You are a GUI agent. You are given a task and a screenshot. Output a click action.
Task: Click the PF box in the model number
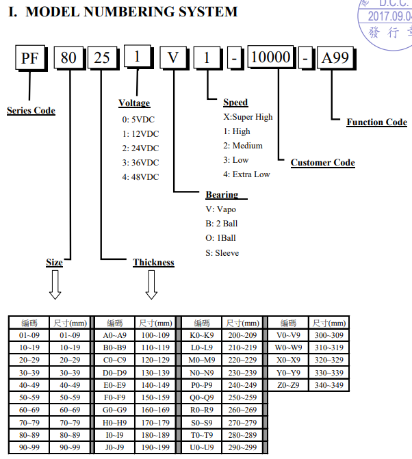(x=31, y=58)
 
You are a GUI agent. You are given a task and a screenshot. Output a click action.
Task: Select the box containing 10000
(x=272, y=57)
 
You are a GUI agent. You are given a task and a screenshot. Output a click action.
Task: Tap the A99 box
(x=336, y=58)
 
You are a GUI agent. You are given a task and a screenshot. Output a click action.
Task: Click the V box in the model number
(x=174, y=58)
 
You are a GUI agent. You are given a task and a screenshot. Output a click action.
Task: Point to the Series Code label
(x=31, y=111)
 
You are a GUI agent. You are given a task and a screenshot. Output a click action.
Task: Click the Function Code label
(x=377, y=122)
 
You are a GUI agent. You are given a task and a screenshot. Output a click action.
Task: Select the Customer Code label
(x=323, y=163)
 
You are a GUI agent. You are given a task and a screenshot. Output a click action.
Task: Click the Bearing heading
(x=222, y=195)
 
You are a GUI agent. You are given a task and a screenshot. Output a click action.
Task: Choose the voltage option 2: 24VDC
(x=140, y=148)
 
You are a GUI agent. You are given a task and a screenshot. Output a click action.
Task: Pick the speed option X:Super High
(x=248, y=117)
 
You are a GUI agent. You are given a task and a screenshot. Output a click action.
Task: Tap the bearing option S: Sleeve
(x=222, y=253)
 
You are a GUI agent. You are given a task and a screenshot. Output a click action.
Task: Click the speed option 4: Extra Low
(x=246, y=174)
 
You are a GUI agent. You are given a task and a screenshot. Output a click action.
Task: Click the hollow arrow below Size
(x=55, y=285)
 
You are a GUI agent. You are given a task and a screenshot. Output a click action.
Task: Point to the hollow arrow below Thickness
(x=151, y=285)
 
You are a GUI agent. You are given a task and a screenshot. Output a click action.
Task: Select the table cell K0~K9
(x=202, y=335)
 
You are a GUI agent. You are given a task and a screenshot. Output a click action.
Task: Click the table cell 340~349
(x=329, y=385)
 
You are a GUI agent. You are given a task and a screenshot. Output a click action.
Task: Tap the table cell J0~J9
(x=114, y=447)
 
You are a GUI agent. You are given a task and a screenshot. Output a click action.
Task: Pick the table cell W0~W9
(x=288, y=347)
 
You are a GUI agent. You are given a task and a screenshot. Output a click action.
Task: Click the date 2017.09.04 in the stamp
(x=389, y=16)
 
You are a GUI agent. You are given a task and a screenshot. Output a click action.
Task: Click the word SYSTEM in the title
(x=208, y=12)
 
